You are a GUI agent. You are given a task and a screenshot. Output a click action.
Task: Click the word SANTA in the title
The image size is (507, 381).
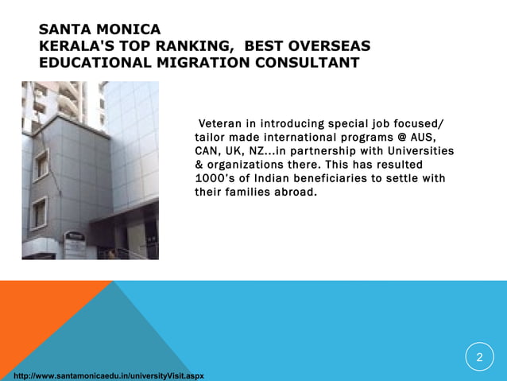click(x=65, y=31)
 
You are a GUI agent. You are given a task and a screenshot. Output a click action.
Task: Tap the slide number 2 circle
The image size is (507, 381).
click(x=479, y=357)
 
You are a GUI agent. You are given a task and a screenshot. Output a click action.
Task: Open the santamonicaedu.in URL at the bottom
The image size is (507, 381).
click(x=103, y=374)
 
